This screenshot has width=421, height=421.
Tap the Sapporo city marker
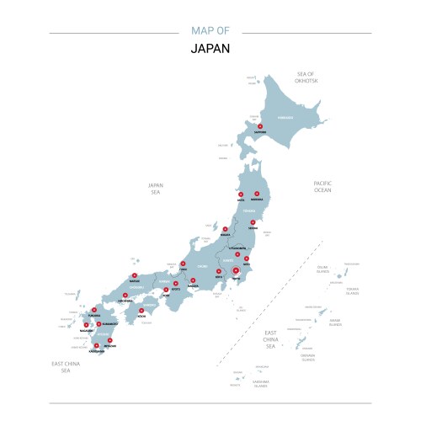tap(259, 127)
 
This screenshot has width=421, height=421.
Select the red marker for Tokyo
tap(236, 271)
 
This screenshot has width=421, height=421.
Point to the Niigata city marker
tap(225, 230)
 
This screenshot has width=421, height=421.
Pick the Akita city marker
tap(241, 195)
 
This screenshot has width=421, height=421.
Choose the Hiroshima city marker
tap(125, 296)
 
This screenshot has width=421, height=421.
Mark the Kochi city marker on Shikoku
tap(141, 311)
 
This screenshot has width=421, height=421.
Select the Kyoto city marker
tap(178, 284)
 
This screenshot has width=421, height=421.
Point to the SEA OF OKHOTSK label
tap(305, 77)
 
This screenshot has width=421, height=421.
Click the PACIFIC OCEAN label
tap(323, 186)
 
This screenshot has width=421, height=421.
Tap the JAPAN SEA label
tap(155, 189)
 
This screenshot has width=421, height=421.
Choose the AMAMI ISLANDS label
tap(335, 321)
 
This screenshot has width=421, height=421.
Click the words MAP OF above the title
tap(210, 31)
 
